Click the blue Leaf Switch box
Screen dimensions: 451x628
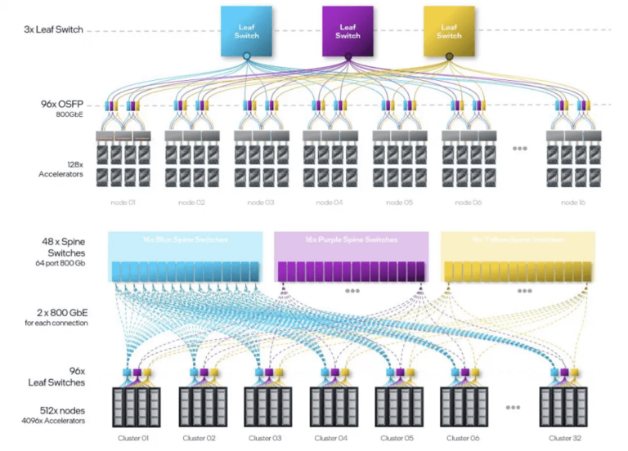pos(246,31)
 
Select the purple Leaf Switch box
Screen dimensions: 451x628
pos(348,31)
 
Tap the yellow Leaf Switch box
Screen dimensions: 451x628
pos(448,31)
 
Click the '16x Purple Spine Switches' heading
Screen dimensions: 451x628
pos(351,239)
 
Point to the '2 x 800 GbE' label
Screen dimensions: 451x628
pos(57,315)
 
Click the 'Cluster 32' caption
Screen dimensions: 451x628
pos(566,439)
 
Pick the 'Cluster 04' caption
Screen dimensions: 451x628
pos(330,439)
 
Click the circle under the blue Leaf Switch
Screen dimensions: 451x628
pos(247,56)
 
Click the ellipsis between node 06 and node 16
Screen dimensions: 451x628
pos(519,149)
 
